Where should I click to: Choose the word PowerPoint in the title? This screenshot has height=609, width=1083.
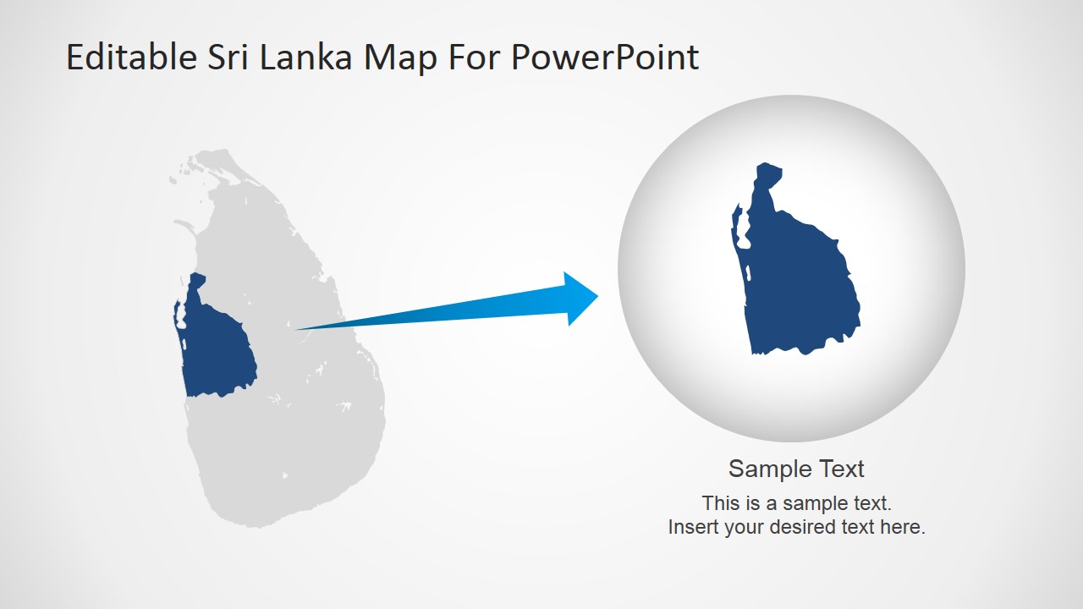click(x=606, y=58)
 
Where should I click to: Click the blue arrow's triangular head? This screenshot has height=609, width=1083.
click(x=580, y=298)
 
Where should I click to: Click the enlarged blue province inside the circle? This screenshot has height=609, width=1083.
click(x=800, y=288)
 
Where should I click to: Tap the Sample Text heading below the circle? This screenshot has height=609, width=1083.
click(x=796, y=469)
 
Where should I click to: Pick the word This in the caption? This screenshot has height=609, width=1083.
click(x=721, y=503)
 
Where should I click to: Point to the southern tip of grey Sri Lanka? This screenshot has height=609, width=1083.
click(x=254, y=524)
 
